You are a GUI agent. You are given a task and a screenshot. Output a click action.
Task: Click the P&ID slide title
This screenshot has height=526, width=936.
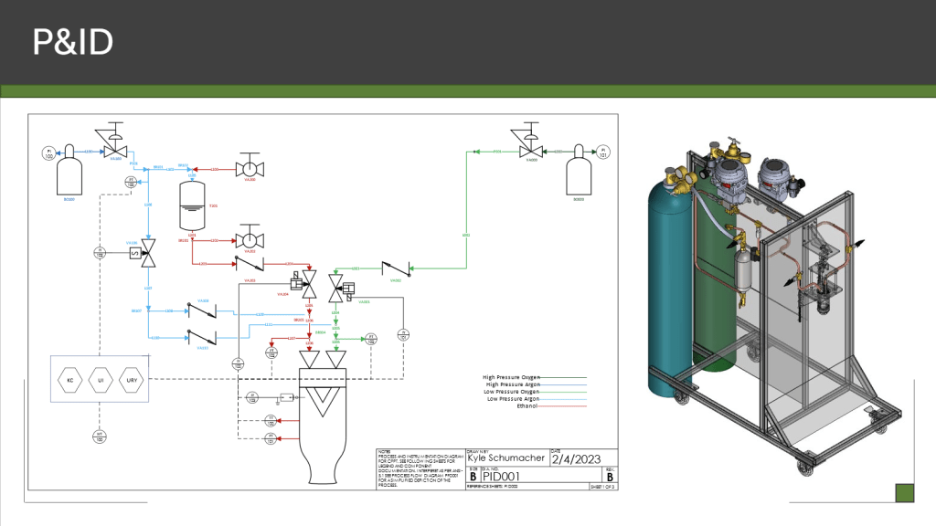72,42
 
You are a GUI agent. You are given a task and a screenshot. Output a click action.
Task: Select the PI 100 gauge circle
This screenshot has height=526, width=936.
48,153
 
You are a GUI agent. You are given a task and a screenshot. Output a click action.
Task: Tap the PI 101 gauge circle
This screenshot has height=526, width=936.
602,152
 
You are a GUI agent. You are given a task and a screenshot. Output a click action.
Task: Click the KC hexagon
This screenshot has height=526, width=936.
70,379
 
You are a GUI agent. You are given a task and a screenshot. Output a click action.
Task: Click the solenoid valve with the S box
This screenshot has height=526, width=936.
143,252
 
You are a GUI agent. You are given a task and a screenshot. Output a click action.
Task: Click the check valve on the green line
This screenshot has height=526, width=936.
396,269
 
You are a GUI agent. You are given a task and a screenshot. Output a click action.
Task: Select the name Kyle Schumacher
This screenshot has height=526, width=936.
506,459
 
